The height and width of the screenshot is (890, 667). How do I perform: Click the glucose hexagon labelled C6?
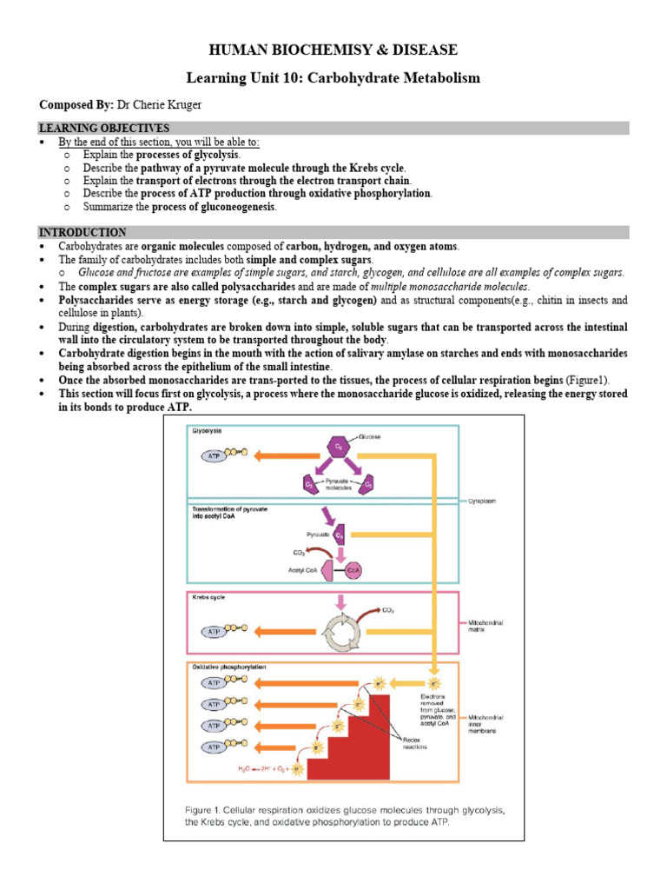(x=335, y=447)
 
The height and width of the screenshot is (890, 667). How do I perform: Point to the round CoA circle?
(x=353, y=570)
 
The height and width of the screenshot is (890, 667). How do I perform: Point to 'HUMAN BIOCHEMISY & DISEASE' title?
(x=333, y=50)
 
